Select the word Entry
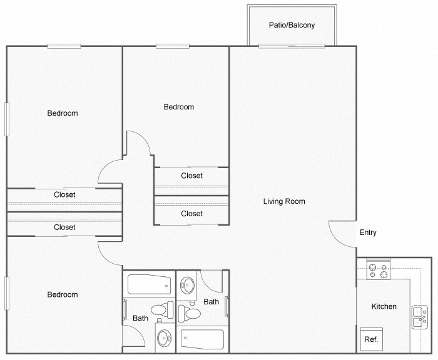(x=368, y=233)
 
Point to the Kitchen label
(x=384, y=307)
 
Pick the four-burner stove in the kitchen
(x=378, y=271)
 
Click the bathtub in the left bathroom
(x=148, y=286)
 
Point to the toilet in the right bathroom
(x=190, y=311)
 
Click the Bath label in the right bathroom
(x=211, y=302)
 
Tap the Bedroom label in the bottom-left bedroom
(x=63, y=295)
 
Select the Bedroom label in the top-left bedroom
(x=63, y=113)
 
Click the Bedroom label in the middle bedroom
(x=179, y=107)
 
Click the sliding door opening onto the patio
(x=292, y=46)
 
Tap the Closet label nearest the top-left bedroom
(x=64, y=195)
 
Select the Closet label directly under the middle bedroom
(x=191, y=176)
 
